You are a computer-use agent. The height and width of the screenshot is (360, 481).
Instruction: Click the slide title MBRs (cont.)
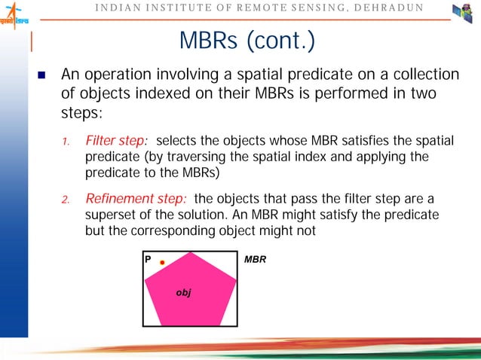246,43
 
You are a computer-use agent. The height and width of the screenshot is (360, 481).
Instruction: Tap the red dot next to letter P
162,262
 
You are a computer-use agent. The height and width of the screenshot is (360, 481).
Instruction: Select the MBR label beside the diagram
256,260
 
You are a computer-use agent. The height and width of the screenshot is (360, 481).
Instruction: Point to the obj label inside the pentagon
183,291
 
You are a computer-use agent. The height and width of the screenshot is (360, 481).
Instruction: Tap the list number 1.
66,142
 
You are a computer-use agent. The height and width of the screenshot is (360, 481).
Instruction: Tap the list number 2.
66,200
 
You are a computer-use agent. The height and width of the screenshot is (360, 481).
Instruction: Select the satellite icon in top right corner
462,14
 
